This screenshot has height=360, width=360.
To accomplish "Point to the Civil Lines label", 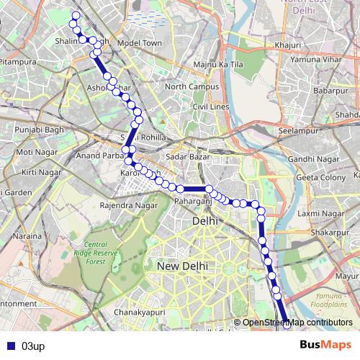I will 210,107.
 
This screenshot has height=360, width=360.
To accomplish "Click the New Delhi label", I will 182,266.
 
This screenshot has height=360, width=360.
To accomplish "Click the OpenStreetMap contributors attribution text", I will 297,323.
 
